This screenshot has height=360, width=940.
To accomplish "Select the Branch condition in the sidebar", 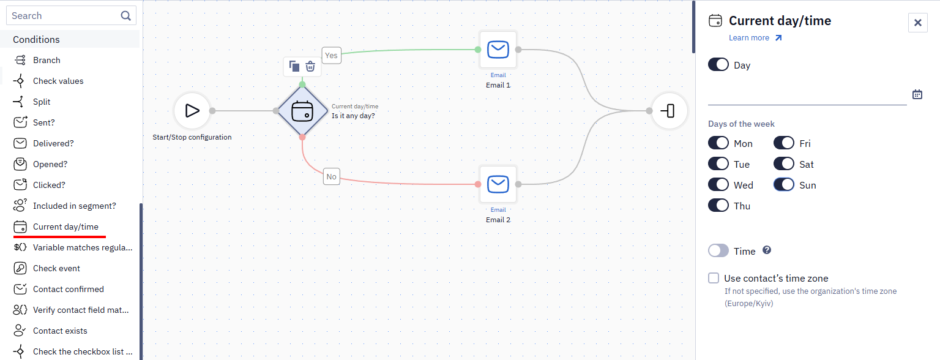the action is (47, 60).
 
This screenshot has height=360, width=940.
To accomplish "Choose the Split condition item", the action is (42, 102).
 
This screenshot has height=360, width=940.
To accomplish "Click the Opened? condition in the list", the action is (50, 164).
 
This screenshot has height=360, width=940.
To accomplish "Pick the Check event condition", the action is (56, 268).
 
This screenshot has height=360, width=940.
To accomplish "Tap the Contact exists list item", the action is (60, 331).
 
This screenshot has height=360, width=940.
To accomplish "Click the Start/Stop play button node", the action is (192, 111).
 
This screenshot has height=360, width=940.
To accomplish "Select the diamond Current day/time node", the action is (302, 111).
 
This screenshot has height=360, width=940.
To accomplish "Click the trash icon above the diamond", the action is (310, 66).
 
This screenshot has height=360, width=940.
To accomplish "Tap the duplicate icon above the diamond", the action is (294, 66).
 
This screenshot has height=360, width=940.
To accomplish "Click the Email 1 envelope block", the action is (498, 50).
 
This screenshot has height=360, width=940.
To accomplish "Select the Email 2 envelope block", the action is (498, 184).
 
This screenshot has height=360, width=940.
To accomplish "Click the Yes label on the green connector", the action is (331, 55).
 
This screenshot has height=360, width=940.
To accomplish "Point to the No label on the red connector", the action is (332, 177).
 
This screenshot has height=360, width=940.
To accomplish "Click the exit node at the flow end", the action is (669, 111).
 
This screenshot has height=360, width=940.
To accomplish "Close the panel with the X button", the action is (918, 23).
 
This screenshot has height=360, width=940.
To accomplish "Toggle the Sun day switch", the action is (784, 185).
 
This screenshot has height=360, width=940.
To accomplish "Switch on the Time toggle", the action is (718, 251).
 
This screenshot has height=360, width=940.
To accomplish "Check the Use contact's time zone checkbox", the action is (714, 278).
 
